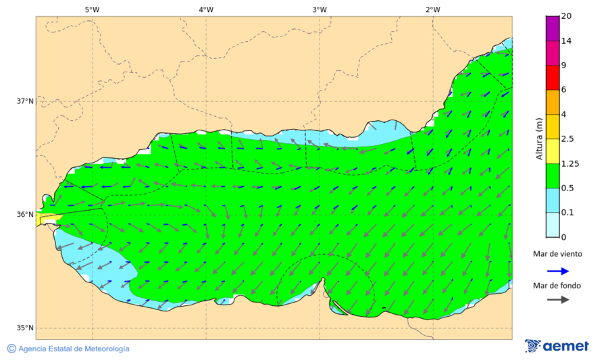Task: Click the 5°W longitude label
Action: (x=93, y=9)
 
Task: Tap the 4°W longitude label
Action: (x=206, y=9)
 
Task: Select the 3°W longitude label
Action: (x=320, y=9)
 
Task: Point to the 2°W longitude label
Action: (x=433, y=9)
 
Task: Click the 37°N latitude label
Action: (x=25, y=101)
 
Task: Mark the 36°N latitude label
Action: (x=25, y=215)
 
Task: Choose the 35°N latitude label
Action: (x=25, y=328)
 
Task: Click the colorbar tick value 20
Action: (x=567, y=16)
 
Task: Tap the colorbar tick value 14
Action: (x=567, y=41)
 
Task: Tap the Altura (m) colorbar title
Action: (x=539, y=139)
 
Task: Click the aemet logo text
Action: (x=566, y=346)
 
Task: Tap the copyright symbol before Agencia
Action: (x=11, y=349)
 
